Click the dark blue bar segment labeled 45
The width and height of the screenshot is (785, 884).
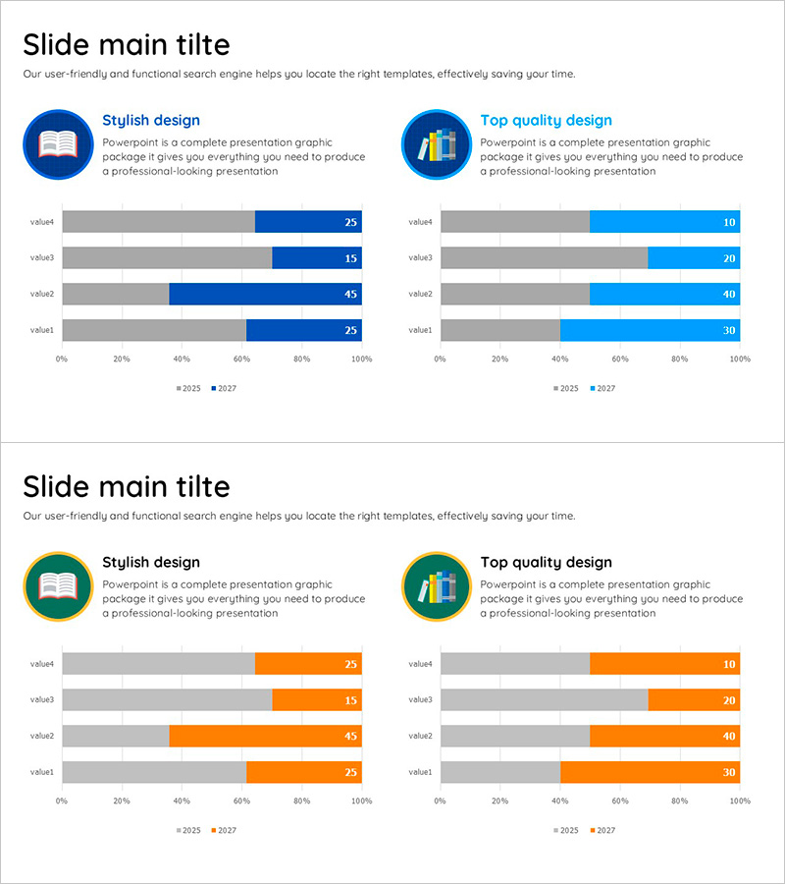pyautogui.click(x=265, y=294)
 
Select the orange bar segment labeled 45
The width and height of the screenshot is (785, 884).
pyautogui.click(x=265, y=736)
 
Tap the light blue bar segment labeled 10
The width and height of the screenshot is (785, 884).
pyautogui.click(x=664, y=222)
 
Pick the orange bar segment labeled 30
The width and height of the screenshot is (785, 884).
pyautogui.click(x=650, y=772)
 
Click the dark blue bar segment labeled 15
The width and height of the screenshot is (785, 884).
pyautogui.click(x=316, y=258)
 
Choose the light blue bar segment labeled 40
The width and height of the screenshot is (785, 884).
pyautogui.click(x=664, y=294)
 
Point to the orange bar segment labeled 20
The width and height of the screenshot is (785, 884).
pyautogui.click(x=694, y=699)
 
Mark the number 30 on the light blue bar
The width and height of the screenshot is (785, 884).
pyautogui.click(x=729, y=331)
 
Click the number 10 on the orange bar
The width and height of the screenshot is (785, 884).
pyautogui.click(x=729, y=665)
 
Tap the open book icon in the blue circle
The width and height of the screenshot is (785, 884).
pyautogui.click(x=57, y=144)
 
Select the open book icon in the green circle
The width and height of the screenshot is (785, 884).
pyautogui.click(x=57, y=586)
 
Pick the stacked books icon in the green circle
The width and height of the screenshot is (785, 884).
pyautogui.click(x=437, y=587)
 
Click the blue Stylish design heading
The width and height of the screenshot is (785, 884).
pyautogui.click(x=151, y=121)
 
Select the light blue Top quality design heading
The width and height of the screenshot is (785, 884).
pyautogui.click(x=546, y=121)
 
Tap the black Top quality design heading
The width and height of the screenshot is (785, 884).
pyautogui.click(x=546, y=563)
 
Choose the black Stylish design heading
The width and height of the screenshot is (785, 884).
pyautogui.click(x=151, y=563)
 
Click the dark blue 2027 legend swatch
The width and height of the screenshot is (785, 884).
pyautogui.click(x=214, y=389)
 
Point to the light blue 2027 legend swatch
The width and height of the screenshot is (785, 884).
pyautogui.click(x=593, y=389)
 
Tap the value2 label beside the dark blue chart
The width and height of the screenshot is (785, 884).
pyautogui.click(x=41, y=294)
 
